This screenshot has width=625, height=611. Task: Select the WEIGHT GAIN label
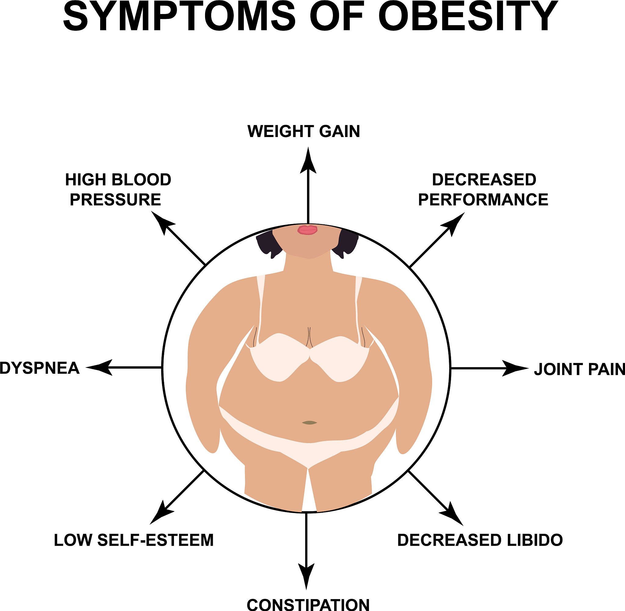[x=304, y=131]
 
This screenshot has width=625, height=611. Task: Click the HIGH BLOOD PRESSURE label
[x=118, y=189]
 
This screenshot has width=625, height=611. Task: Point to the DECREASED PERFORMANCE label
[x=483, y=189]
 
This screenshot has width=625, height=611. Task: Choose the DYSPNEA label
[x=39, y=368]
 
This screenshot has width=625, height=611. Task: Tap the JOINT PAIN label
[x=580, y=369]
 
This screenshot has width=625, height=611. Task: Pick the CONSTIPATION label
[x=308, y=605]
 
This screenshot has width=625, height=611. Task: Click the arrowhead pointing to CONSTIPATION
[x=306, y=577]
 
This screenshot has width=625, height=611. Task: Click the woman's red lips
[x=307, y=230]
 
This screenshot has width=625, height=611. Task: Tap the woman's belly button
[x=309, y=423]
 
